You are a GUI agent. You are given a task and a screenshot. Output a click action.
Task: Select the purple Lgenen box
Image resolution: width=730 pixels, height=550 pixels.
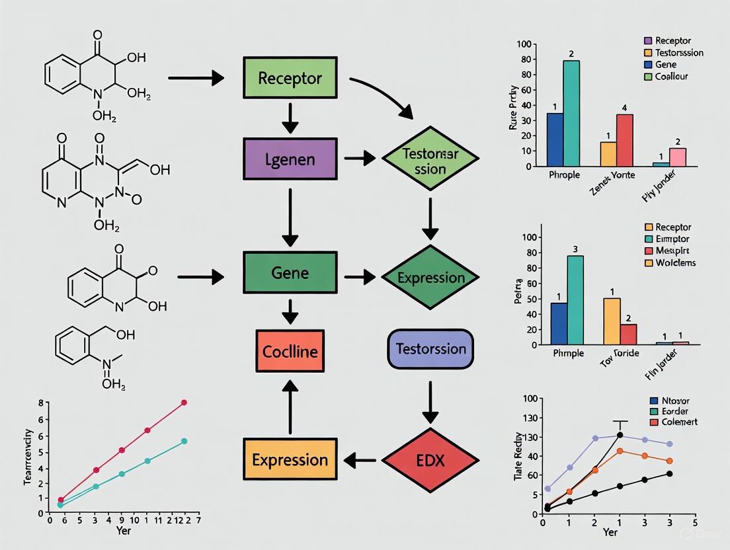tap(290, 159)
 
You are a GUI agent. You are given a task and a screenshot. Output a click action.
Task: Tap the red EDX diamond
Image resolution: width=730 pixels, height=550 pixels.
tap(430, 459)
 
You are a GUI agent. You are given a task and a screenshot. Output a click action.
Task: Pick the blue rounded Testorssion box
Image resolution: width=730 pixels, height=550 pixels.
tap(430, 348)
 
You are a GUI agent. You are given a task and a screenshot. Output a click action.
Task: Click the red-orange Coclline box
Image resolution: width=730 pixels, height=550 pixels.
tap(290, 350)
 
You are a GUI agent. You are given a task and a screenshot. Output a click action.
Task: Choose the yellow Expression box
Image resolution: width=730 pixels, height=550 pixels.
tap(289, 459)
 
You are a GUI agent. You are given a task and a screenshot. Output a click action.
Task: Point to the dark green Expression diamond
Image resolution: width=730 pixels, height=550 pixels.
tap(430, 277)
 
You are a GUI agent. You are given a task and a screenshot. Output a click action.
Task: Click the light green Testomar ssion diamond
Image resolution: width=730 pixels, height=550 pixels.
tap(430, 159)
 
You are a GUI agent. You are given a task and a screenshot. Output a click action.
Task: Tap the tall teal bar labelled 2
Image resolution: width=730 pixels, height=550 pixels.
tap(571, 113)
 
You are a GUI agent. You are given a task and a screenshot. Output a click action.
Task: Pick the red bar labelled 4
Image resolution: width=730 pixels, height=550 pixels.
tap(625, 140)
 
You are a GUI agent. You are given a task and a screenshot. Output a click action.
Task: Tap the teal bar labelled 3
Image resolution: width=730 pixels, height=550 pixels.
tap(575, 300)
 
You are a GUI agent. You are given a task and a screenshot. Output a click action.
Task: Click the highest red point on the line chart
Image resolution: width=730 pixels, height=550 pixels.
tap(184, 402)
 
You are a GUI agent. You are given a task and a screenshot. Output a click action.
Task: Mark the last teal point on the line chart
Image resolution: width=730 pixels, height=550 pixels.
tap(184, 441)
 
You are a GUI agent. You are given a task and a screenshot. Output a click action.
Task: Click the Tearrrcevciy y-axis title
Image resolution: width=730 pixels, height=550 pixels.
tap(28, 457)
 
